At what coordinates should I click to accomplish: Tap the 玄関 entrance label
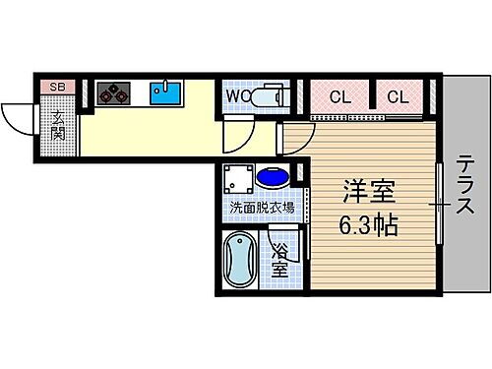57,125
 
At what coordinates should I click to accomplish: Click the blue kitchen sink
165,93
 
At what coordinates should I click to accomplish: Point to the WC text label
237,96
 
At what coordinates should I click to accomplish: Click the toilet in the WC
267,96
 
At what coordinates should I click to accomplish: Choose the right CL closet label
399,96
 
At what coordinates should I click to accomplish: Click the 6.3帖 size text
369,225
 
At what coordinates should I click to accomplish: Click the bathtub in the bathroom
240,261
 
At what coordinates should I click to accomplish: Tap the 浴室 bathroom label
279,258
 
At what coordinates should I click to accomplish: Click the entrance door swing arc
18,118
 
